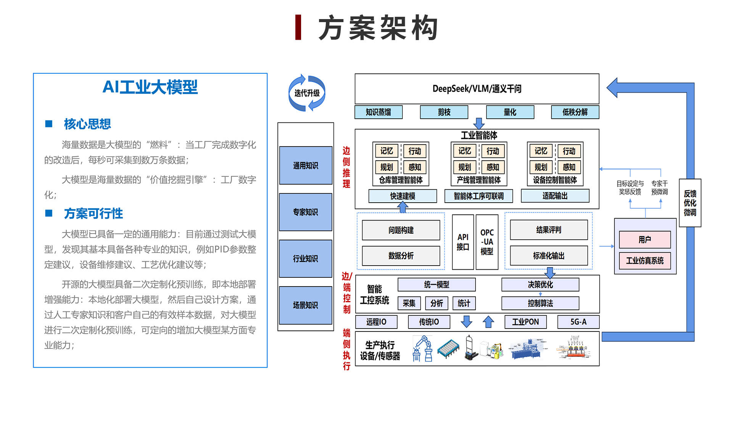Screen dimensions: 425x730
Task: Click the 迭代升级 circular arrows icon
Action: click(x=306, y=93)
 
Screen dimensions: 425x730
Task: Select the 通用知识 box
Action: click(x=305, y=165)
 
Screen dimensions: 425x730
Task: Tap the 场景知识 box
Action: click(x=305, y=305)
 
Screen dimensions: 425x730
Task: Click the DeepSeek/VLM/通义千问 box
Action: click(x=477, y=89)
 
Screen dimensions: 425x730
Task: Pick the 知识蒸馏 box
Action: click(x=378, y=112)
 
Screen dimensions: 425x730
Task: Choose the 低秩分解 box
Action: click(x=575, y=112)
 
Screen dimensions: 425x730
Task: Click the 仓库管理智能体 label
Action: click(x=401, y=180)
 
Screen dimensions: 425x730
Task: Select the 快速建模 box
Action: click(x=402, y=196)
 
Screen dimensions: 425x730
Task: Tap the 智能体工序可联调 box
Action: click(x=478, y=196)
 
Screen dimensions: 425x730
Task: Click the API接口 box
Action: click(x=462, y=242)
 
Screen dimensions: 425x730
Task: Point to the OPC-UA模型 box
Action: click(x=487, y=242)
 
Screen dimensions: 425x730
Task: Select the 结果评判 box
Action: click(x=548, y=230)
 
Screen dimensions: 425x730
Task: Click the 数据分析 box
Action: click(x=401, y=256)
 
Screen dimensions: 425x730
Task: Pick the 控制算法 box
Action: click(x=540, y=303)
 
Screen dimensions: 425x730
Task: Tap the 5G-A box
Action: click(x=578, y=322)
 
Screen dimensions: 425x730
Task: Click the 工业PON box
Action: click(x=525, y=322)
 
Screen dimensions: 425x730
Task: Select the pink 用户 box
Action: click(x=645, y=240)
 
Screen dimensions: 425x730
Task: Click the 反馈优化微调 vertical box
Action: click(x=690, y=203)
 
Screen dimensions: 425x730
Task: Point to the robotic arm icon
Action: click(x=422, y=348)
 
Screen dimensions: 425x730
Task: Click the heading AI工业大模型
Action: click(x=150, y=87)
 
